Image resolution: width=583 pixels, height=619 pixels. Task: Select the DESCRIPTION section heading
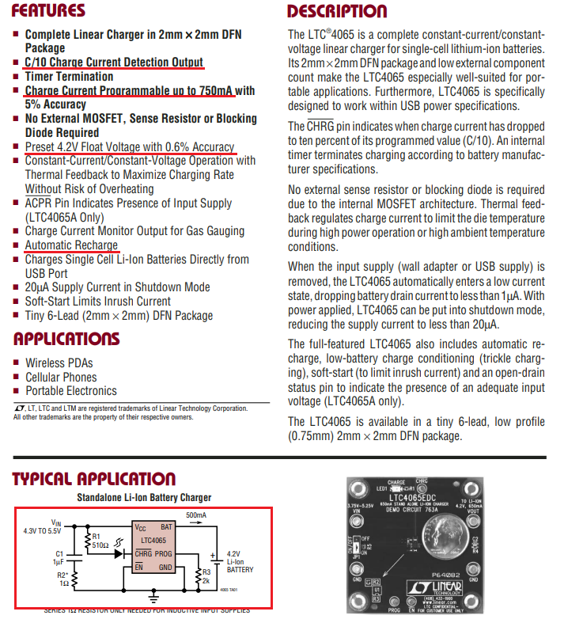pos(337,11)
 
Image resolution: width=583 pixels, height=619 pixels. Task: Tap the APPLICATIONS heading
pos(66,339)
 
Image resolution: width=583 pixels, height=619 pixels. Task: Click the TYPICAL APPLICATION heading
pos(94,479)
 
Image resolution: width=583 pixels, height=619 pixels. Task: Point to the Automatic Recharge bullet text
pos(71,245)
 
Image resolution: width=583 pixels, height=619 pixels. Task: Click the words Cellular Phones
pos(61,377)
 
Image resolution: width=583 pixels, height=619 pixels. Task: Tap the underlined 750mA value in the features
pos(216,91)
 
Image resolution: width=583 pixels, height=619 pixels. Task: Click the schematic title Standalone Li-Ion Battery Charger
pos(144,497)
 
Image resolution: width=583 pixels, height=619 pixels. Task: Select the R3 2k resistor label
pos(206,575)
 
